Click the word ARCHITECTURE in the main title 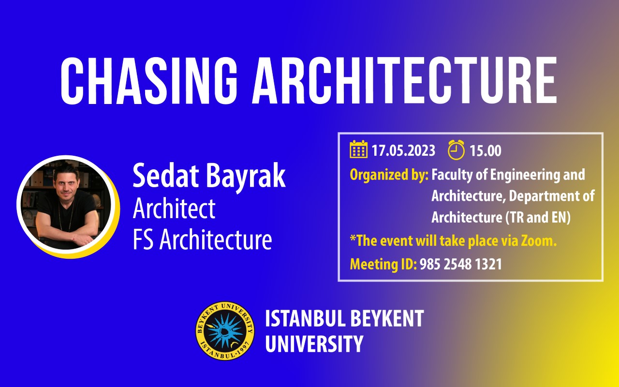(x=404, y=80)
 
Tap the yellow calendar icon (x=358, y=149)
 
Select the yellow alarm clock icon (x=456, y=150)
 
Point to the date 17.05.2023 (x=403, y=150)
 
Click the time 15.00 (x=486, y=150)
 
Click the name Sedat (x=166, y=176)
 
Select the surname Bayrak (x=246, y=177)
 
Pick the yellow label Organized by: (x=389, y=175)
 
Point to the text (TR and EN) (x=538, y=217)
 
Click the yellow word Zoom (x=539, y=240)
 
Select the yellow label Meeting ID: (x=383, y=264)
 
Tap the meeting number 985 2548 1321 (x=461, y=264)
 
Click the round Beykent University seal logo (x=225, y=330)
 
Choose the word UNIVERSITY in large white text (x=314, y=343)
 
